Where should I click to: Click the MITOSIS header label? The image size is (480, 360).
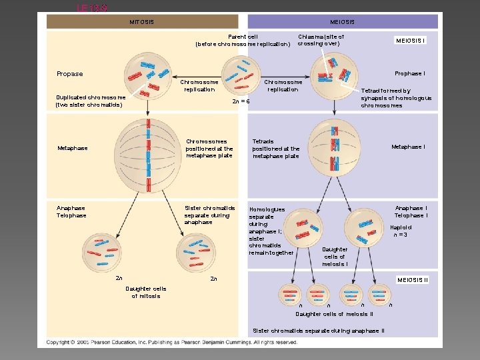click(x=141, y=22)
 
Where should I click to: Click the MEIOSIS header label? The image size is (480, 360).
click(x=342, y=22)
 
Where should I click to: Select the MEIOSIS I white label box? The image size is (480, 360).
click(x=411, y=40)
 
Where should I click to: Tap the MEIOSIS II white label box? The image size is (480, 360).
click(x=412, y=279)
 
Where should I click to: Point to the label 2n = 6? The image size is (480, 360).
click(x=240, y=101)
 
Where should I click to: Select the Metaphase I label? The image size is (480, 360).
click(x=408, y=147)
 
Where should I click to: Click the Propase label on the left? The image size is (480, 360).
click(x=70, y=74)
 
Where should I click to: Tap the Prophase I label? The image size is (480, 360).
click(x=410, y=73)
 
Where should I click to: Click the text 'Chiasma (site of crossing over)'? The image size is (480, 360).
click(x=321, y=40)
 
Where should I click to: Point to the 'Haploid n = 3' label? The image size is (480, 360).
click(x=400, y=231)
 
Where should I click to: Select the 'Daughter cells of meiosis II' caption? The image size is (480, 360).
click(x=334, y=313)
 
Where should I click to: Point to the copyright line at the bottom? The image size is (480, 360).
click(x=172, y=342)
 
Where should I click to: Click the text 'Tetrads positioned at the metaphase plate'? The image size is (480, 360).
click(x=276, y=149)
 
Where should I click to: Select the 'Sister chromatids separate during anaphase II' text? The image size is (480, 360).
click(x=318, y=331)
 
